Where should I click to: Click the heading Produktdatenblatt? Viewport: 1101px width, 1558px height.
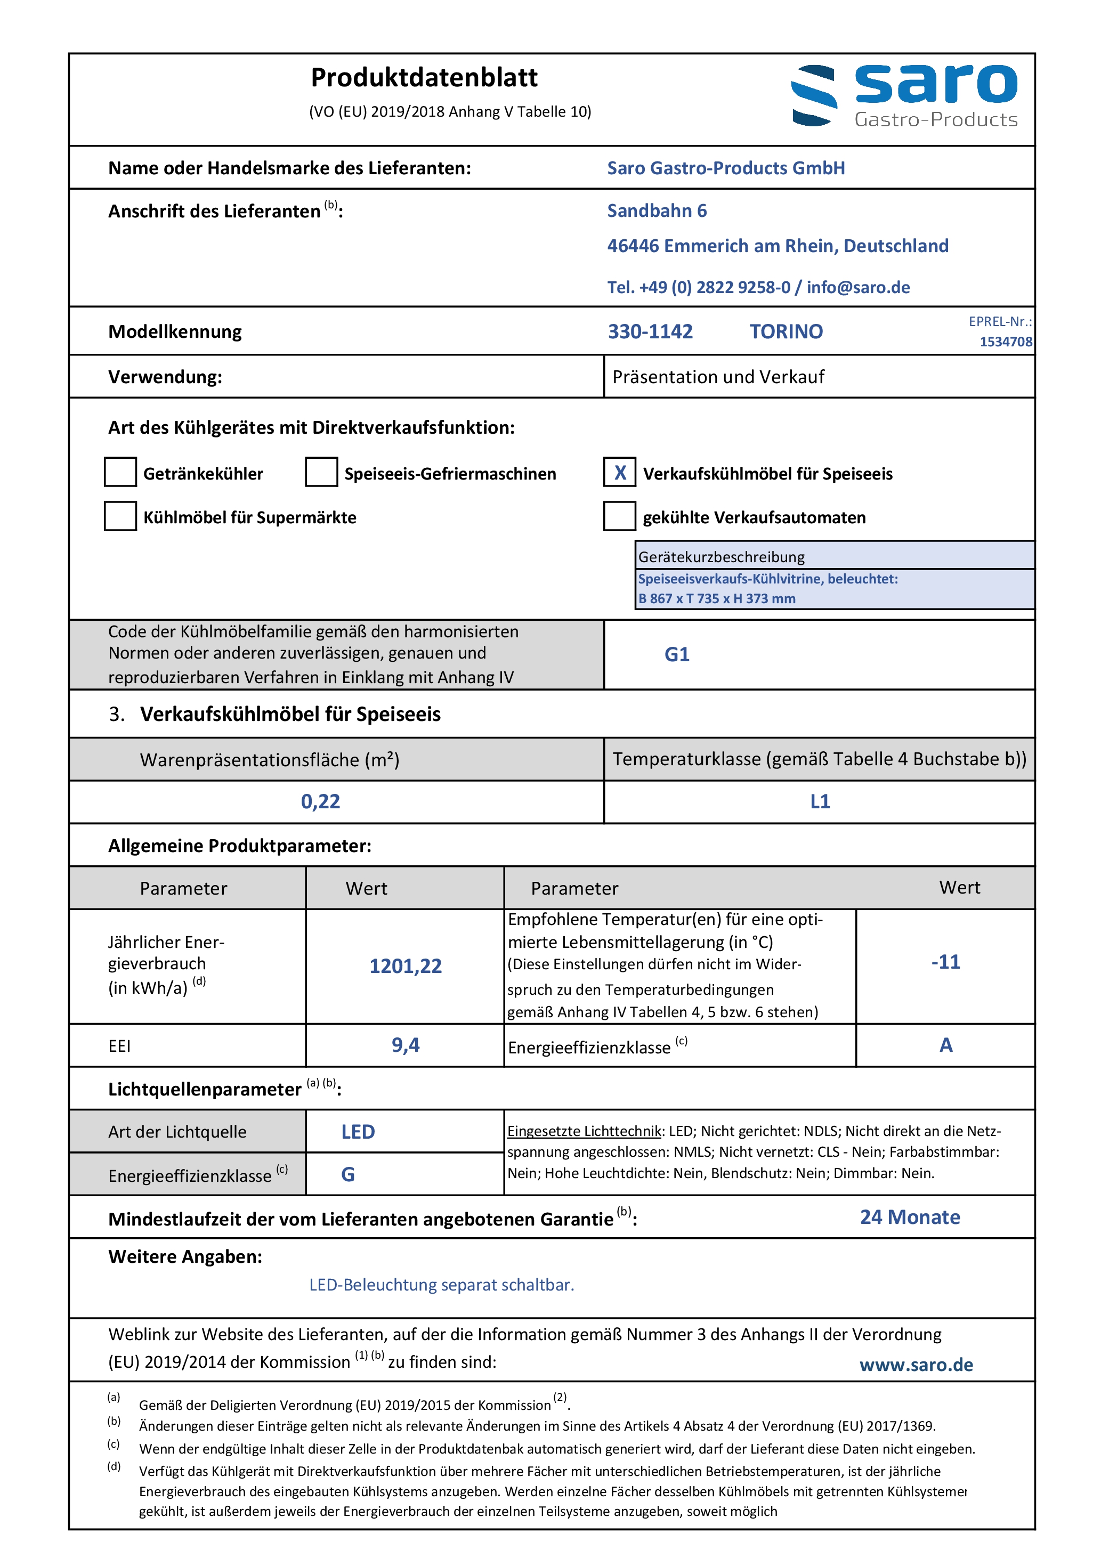click(424, 78)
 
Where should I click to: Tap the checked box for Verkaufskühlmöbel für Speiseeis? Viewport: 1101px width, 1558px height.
click(619, 472)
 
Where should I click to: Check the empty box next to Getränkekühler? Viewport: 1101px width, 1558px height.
click(120, 472)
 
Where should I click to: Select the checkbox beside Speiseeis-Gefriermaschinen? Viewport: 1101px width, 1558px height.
click(321, 472)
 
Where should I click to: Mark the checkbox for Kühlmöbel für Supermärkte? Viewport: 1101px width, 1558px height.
click(120, 516)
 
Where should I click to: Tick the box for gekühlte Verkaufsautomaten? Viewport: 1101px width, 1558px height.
click(619, 516)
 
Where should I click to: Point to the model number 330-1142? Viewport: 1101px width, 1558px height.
click(650, 332)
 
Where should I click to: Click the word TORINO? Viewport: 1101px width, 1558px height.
click(786, 332)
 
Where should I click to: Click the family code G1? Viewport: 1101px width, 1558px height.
click(677, 655)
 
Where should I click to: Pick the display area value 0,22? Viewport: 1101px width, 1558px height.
click(320, 802)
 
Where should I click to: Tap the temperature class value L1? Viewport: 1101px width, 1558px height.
click(820, 802)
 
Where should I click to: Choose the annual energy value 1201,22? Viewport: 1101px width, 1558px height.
click(405, 966)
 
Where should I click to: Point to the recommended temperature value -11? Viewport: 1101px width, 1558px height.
click(945, 962)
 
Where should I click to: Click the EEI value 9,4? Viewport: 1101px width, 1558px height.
click(405, 1045)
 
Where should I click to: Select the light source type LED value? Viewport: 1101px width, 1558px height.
click(358, 1132)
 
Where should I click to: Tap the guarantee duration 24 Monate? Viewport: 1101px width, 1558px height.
click(910, 1218)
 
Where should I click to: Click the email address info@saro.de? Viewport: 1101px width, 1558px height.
click(858, 288)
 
